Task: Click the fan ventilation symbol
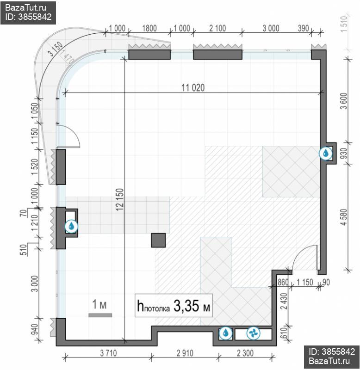click(x=253, y=333)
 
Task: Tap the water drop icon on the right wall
click(x=326, y=153)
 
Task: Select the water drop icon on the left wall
click(x=71, y=226)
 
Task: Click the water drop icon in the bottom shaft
click(x=226, y=333)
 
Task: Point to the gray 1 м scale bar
click(x=100, y=315)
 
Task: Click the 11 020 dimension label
click(x=193, y=88)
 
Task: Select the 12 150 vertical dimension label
click(x=120, y=199)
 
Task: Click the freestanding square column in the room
click(x=158, y=240)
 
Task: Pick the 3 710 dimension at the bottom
click(x=108, y=353)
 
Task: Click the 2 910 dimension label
click(x=185, y=353)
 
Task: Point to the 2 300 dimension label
click(x=245, y=353)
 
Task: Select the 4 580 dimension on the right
click(x=344, y=217)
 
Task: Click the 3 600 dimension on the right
click(x=344, y=101)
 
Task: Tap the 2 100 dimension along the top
click(x=217, y=28)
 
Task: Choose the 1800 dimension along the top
click(x=149, y=28)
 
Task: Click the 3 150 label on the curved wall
click(x=56, y=49)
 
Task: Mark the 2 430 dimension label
click(x=284, y=301)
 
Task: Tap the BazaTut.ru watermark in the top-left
click(x=26, y=8)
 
